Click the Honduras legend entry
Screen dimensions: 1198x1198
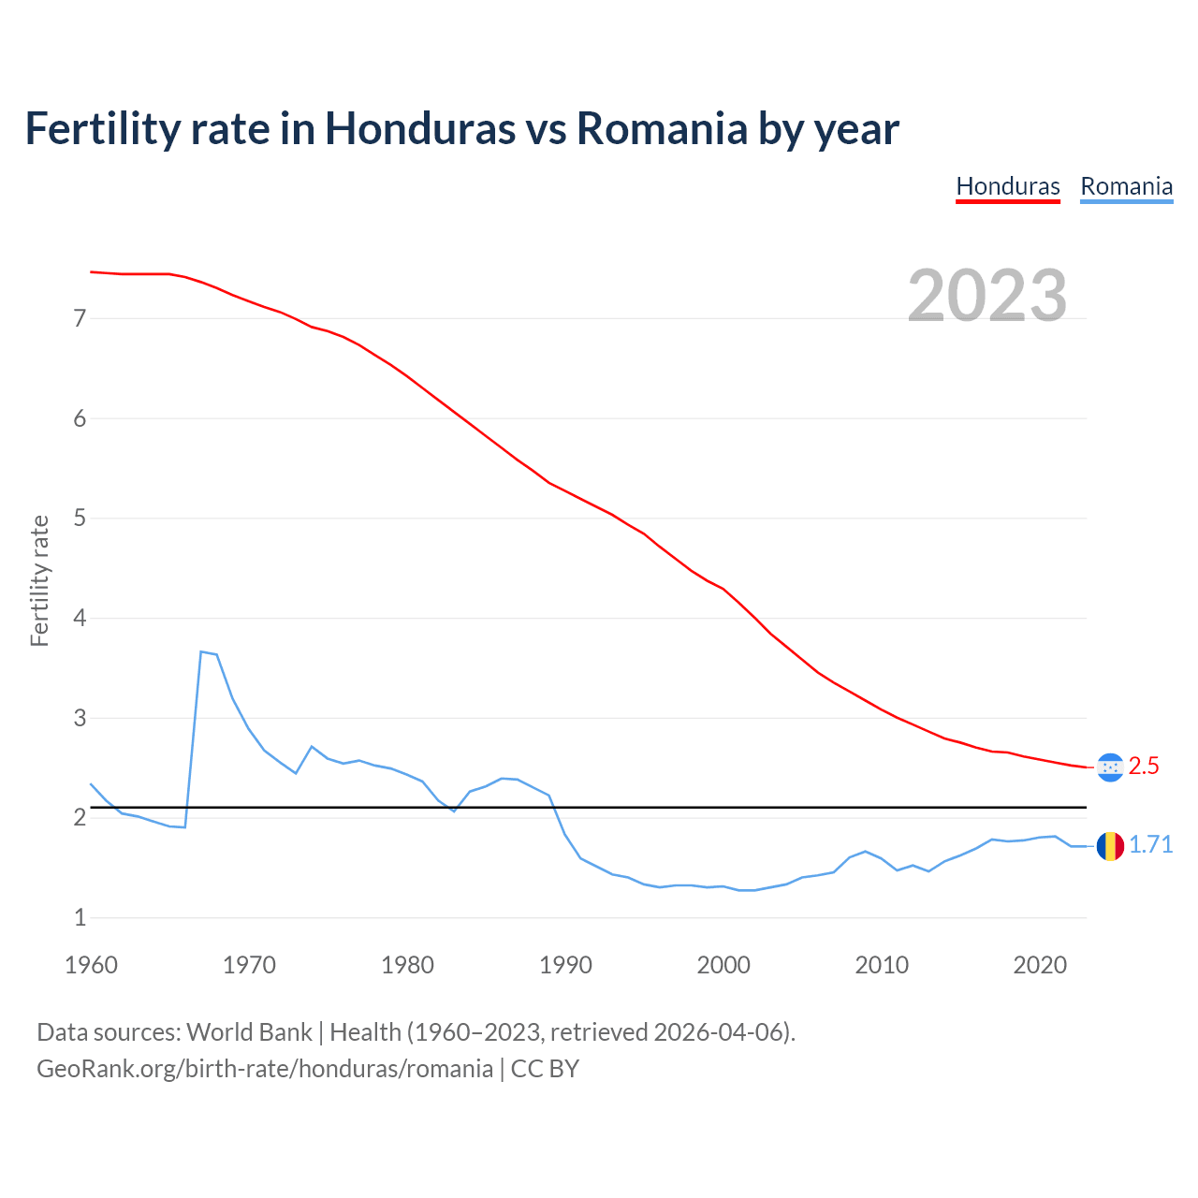point(1007,186)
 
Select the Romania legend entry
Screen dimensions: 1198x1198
point(1126,186)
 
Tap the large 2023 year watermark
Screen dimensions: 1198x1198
point(987,296)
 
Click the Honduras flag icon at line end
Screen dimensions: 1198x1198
point(1110,767)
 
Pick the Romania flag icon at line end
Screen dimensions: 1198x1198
point(1110,846)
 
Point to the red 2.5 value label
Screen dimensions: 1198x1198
point(1144,767)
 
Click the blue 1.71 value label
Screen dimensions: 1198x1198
point(1150,845)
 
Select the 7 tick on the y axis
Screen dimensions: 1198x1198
point(80,319)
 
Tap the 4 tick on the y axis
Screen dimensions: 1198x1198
point(80,619)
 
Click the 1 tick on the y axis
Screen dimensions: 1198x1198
point(80,918)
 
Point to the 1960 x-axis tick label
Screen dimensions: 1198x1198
point(91,965)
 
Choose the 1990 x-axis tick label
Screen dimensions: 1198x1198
point(565,965)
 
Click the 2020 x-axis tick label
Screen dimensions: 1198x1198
point(1040,965)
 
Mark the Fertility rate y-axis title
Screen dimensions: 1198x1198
point(39,580)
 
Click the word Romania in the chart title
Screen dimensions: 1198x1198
point(661,128)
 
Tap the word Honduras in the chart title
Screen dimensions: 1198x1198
point(419,128)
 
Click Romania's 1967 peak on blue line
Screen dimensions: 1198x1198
point(201,651)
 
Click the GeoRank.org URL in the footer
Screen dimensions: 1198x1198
point(264,1069)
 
